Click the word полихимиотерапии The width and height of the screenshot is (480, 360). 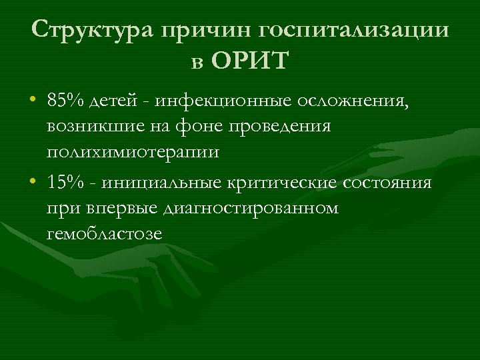133,152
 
